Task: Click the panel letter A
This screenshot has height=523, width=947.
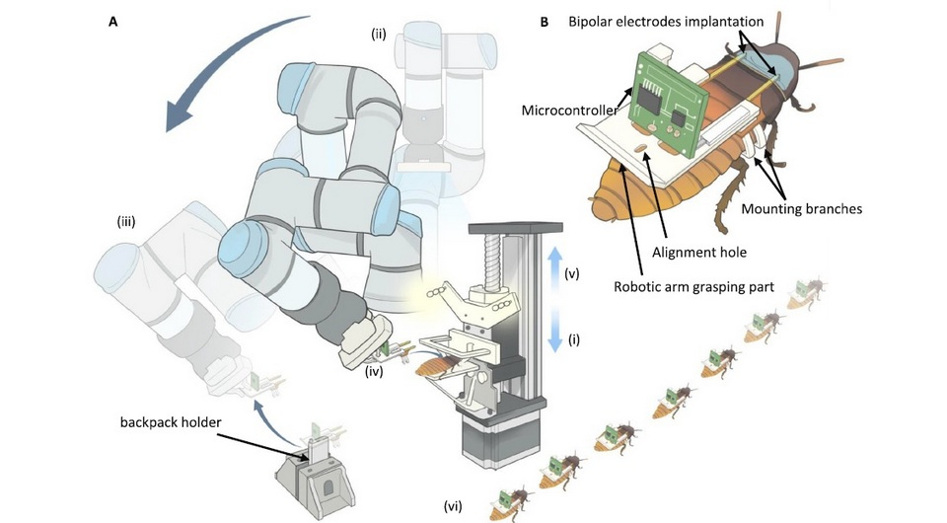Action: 113,19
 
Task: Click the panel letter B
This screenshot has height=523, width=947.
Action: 545,19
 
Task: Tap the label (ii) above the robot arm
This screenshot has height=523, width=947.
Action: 379,35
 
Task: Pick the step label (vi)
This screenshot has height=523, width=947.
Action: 456,507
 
